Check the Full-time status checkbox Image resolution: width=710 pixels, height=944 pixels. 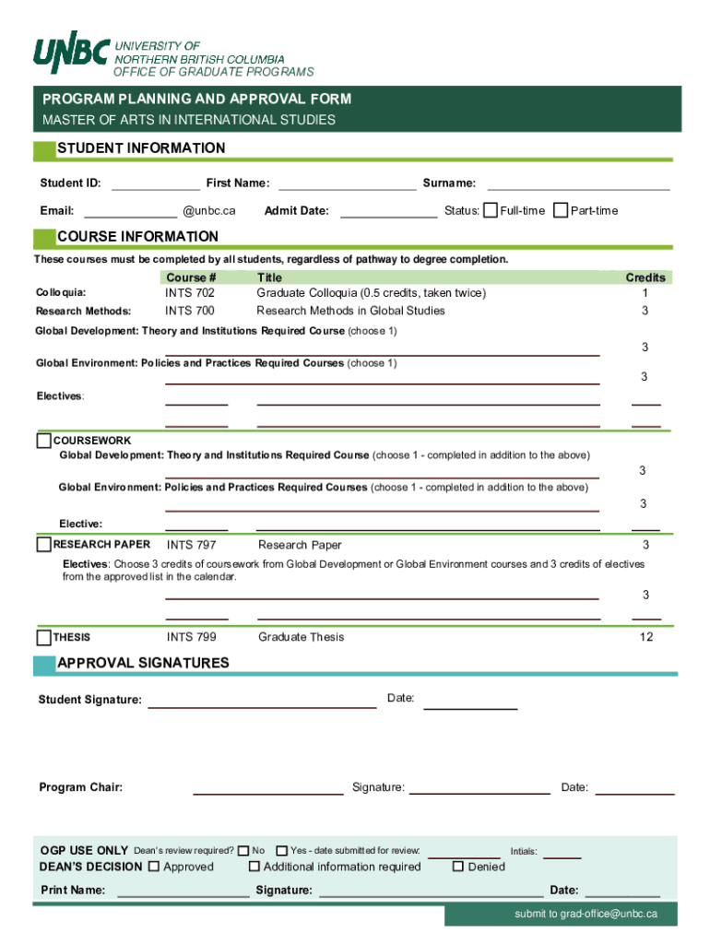click(491, 210)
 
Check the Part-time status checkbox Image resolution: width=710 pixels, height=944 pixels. click(561, 210)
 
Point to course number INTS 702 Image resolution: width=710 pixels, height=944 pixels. click(190, 293)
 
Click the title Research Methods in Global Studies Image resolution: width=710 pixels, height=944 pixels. click(350, 311)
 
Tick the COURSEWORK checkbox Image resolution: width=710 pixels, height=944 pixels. click(44, 441)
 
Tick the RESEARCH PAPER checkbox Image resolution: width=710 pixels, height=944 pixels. click(44, 545)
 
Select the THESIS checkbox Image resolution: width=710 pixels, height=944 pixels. click(44, 637)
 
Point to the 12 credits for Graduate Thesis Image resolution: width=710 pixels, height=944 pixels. click(645, 637)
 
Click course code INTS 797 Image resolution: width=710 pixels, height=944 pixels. click(192, 545)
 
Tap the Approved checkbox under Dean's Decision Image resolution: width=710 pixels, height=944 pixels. click(154, 867)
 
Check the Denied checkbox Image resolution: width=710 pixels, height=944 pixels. click(457, 867)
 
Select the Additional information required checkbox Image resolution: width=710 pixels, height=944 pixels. click(254, 867)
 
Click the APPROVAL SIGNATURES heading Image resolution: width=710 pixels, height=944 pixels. click(143, 663)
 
